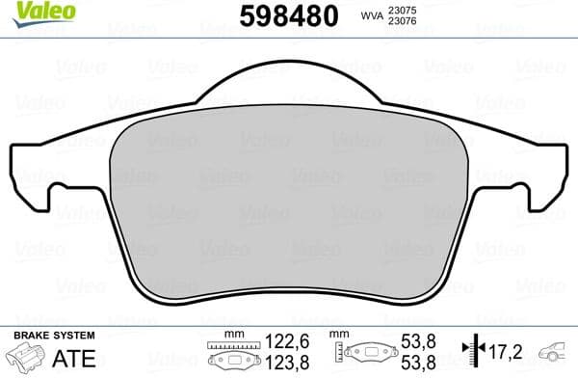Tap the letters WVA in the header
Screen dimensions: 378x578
tap(370, 16)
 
